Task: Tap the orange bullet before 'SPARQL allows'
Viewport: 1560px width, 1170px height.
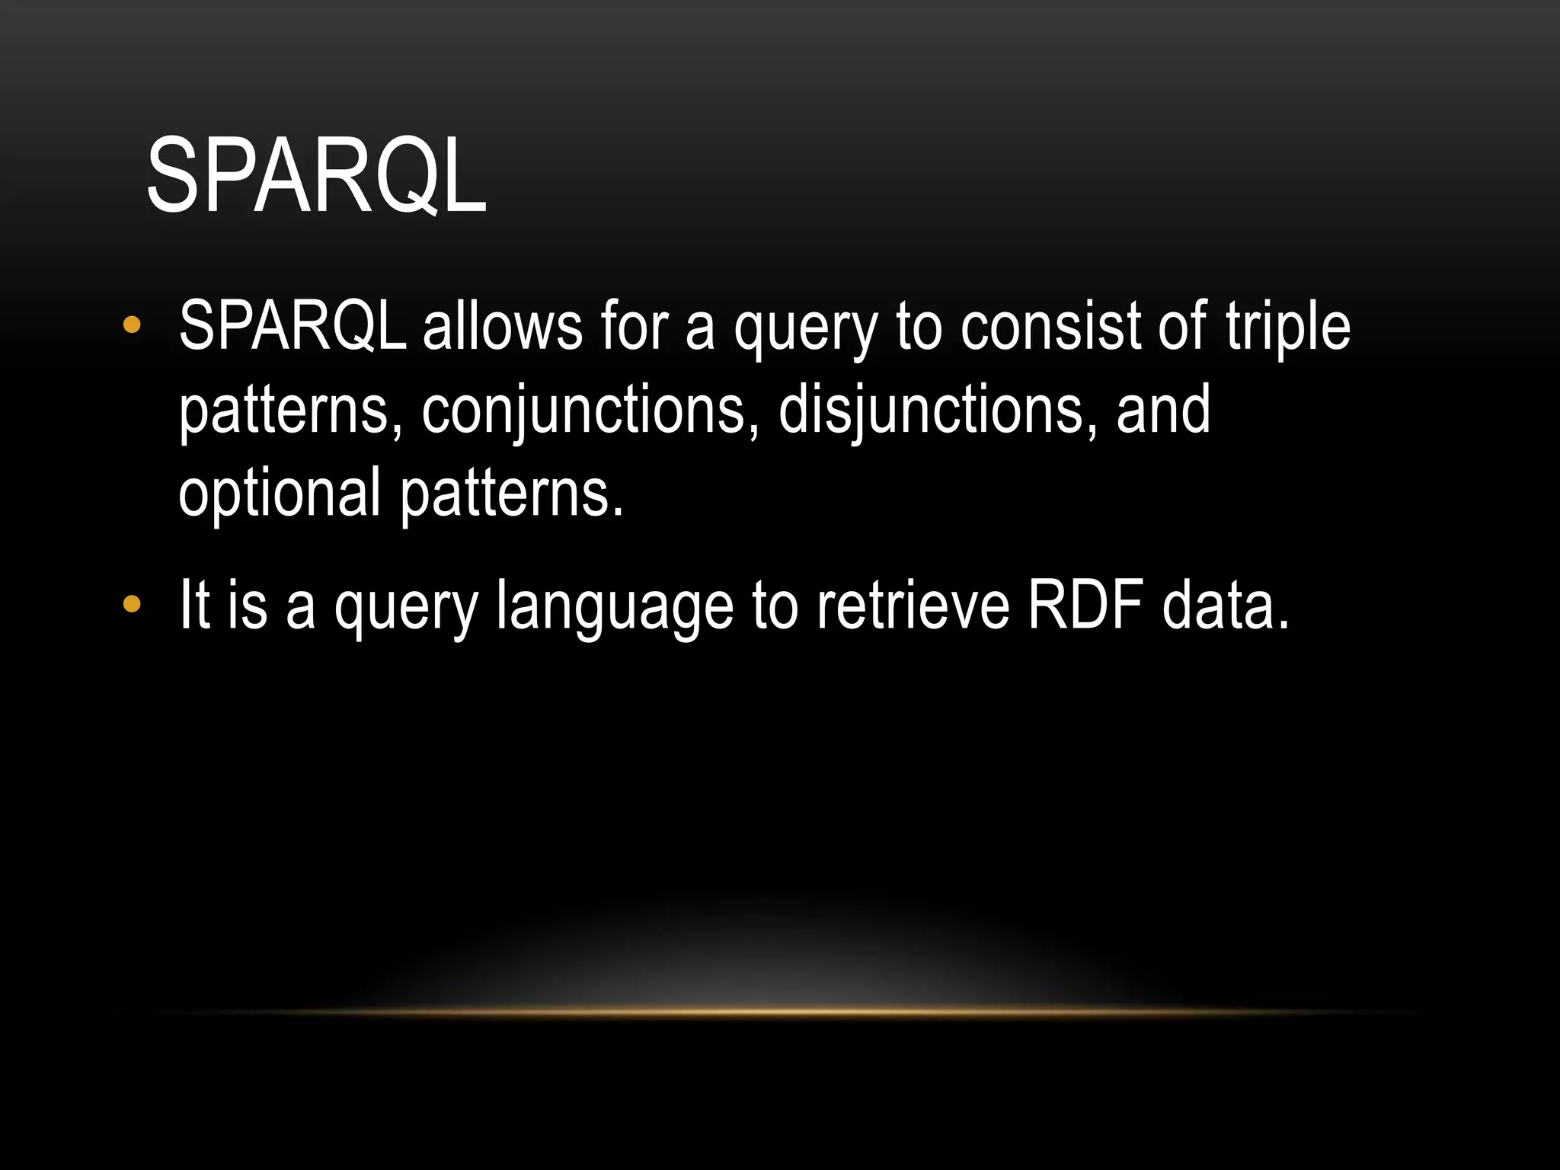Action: [132, 326]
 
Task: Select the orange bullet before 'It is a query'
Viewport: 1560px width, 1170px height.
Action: [132, 605]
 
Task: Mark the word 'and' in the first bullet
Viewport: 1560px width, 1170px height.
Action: [1162, 410]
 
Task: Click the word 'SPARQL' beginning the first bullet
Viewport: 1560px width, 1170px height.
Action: [292, 326]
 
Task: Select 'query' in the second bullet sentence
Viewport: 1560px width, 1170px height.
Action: [406, 609]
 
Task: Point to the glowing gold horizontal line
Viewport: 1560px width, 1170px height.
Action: [785, 1012]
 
